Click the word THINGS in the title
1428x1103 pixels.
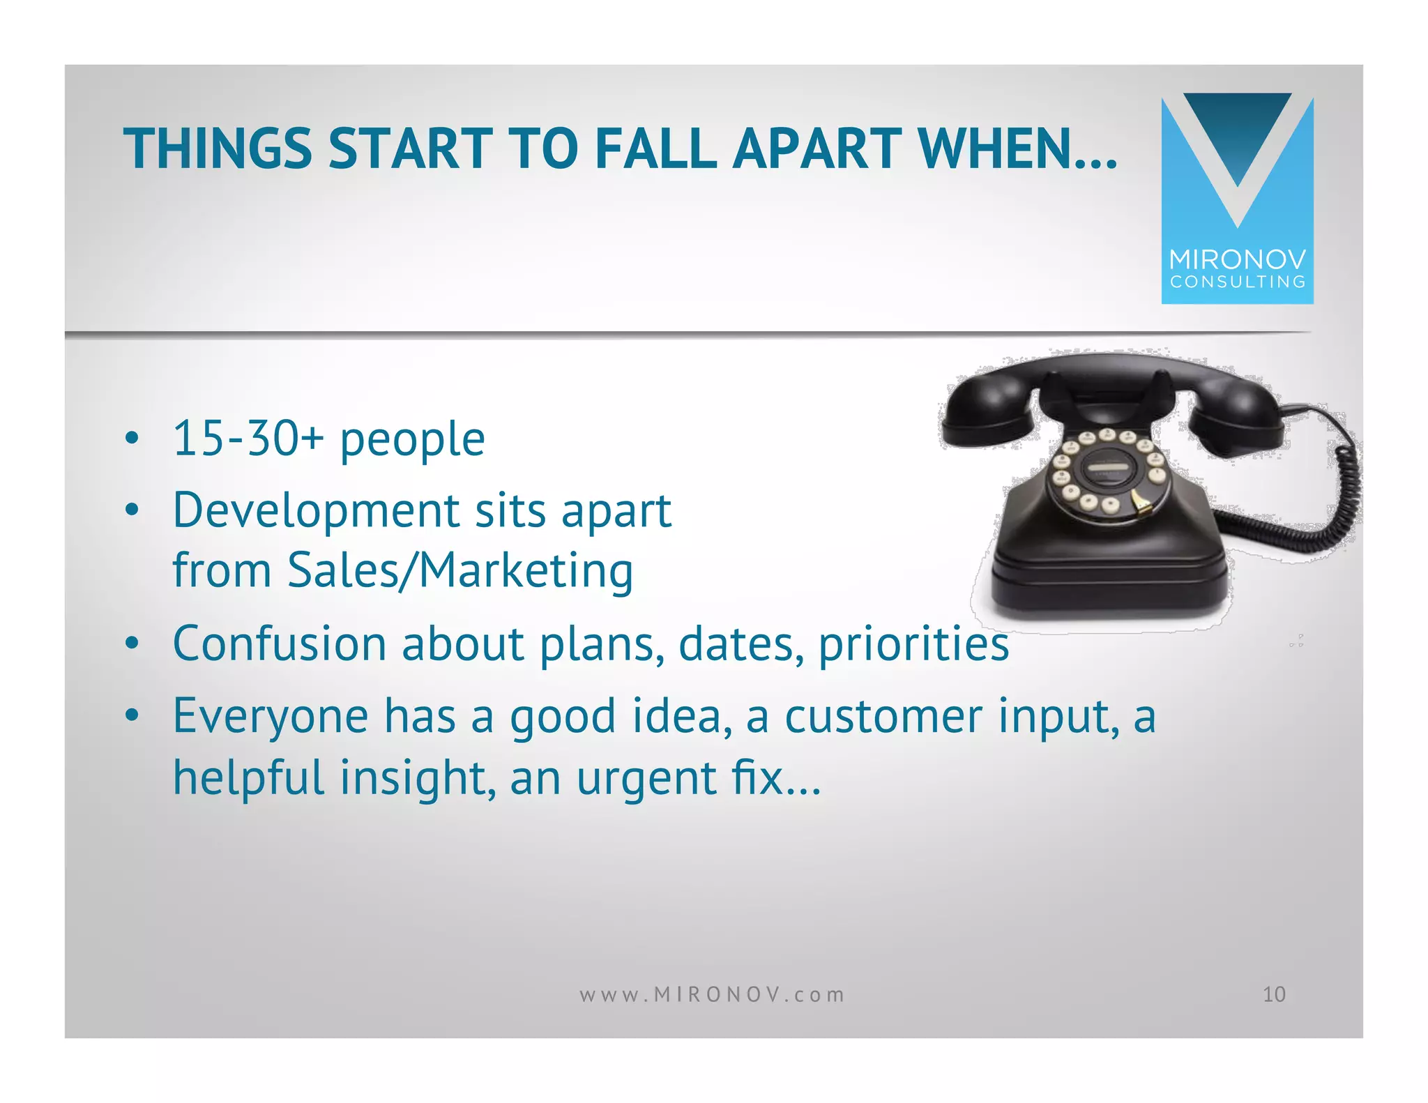[218, 149]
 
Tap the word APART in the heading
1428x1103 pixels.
[816, 149]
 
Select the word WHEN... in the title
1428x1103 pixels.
[1018, 149]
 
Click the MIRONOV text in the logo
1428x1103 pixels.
[1237, 259]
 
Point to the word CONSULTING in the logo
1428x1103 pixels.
[1238, 282]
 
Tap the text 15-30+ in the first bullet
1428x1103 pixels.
[248, 439]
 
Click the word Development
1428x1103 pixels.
[316, 511]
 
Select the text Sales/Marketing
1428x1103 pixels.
[460, 570]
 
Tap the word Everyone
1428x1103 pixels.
[271, 716]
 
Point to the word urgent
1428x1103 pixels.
[646, 778]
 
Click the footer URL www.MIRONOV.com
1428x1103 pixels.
[712, 994]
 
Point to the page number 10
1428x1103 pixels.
[1274, 994]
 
